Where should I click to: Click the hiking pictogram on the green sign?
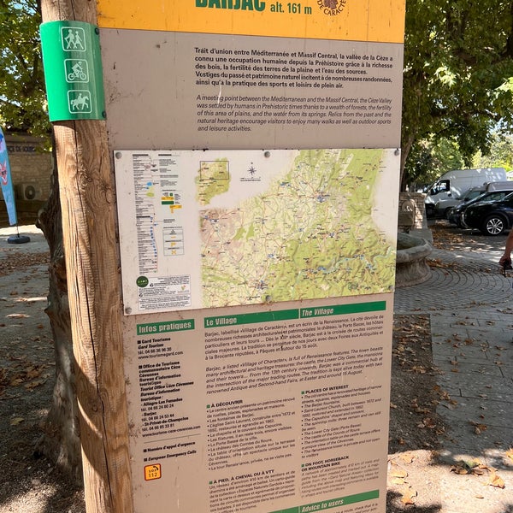[73, 39]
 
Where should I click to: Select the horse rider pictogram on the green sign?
[79, 101]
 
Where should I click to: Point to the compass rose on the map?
[251, 171]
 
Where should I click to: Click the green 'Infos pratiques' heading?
[165, 327]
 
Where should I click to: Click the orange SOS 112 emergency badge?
[152, 471]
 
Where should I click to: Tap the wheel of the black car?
[494, 225]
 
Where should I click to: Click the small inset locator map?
[213, 180]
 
